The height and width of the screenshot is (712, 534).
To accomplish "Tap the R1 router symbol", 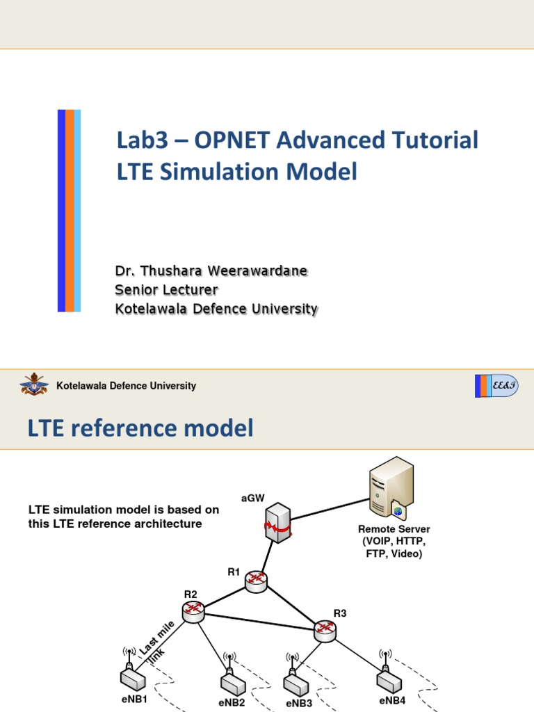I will tap(255, 582).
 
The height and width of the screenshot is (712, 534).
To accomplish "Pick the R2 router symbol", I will tap(193, 611).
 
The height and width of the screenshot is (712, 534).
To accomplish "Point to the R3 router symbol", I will tap(324, 630).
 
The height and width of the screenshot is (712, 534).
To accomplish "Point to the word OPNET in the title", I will tap(232, 140).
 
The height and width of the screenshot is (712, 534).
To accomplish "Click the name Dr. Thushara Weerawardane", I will tap(210, 271).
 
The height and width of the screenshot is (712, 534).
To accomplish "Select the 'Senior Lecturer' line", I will tap(166, 290).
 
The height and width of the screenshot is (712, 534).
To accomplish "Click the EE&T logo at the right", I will tap(496, 386).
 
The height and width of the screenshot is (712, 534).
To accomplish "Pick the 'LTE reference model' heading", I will tap(140, 429).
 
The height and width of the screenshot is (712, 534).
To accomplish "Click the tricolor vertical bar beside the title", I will tap(69, 211).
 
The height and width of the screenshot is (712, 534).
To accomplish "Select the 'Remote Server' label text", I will tap(394, 529).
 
